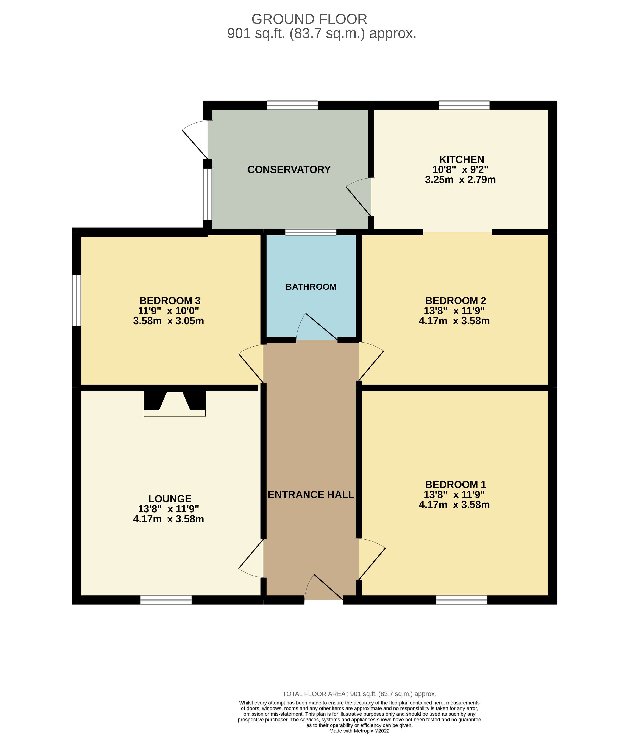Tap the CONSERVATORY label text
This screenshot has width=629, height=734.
[x=289, y=170]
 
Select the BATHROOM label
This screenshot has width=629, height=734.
[x=311, y=287]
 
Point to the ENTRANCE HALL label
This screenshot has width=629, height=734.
[x=311, y=494]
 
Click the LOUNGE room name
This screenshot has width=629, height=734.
[x=170, y=499]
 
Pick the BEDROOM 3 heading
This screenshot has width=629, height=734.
[x=170, y=301]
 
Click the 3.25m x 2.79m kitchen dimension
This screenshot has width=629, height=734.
[x=460, y=180]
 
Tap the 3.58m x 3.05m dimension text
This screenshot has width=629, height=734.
[x=169, y=321]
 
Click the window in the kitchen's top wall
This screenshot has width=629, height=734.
[x=464, y=105]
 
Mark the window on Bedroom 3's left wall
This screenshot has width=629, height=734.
[x=76, y=300]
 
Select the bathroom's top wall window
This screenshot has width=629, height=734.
[x=311, y=232]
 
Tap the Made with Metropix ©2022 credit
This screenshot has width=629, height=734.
[x=359, y=731]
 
